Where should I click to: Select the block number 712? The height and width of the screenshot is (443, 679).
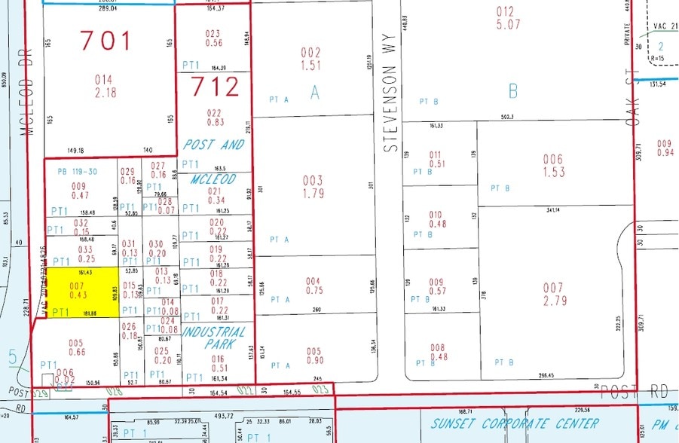215,87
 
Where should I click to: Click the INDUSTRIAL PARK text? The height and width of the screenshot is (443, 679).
214,338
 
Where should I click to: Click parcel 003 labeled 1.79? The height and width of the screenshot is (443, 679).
312,187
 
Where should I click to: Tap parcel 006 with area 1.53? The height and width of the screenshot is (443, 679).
553,166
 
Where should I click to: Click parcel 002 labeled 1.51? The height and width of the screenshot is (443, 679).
310,58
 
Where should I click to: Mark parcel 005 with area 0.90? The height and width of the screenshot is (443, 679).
314,356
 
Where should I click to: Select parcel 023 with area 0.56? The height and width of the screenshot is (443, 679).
213,38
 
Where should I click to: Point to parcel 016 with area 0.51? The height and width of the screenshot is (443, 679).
217,364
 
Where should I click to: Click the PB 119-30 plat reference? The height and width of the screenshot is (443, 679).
78,172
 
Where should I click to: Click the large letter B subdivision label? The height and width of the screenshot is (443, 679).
513,91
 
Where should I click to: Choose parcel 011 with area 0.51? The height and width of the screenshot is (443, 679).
436,159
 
